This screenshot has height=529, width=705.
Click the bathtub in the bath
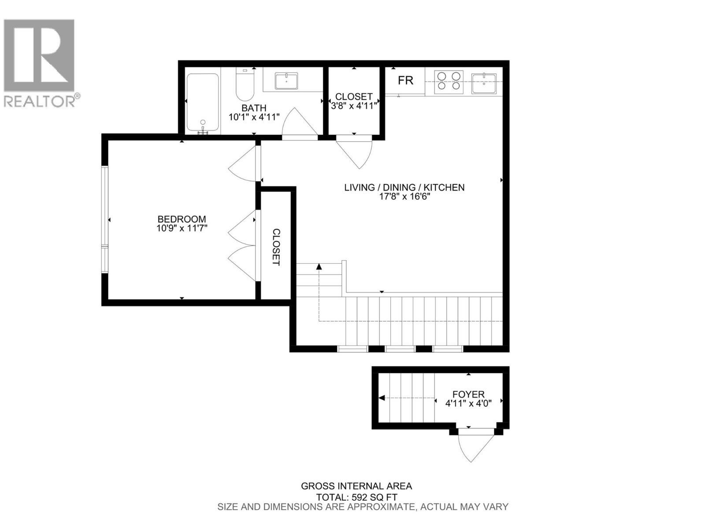click(202, 103)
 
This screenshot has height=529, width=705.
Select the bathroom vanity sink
click(286, 81)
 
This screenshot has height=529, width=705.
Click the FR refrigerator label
click(405, 81)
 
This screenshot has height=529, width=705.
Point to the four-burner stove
click(449, 82)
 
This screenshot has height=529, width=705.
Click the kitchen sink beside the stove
click(484, 83)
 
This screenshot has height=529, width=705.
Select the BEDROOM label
click(182, 219)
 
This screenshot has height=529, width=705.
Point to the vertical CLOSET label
click(276, 247)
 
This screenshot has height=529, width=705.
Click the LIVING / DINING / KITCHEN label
click(404, 187)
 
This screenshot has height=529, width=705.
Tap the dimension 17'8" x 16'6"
click(404, 197)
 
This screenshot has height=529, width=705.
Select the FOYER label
click(468, 394)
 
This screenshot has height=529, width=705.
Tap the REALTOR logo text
click(41, 101)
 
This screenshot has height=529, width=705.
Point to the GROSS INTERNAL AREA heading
click(356, 486)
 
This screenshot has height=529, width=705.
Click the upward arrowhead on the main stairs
click(319, 266)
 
